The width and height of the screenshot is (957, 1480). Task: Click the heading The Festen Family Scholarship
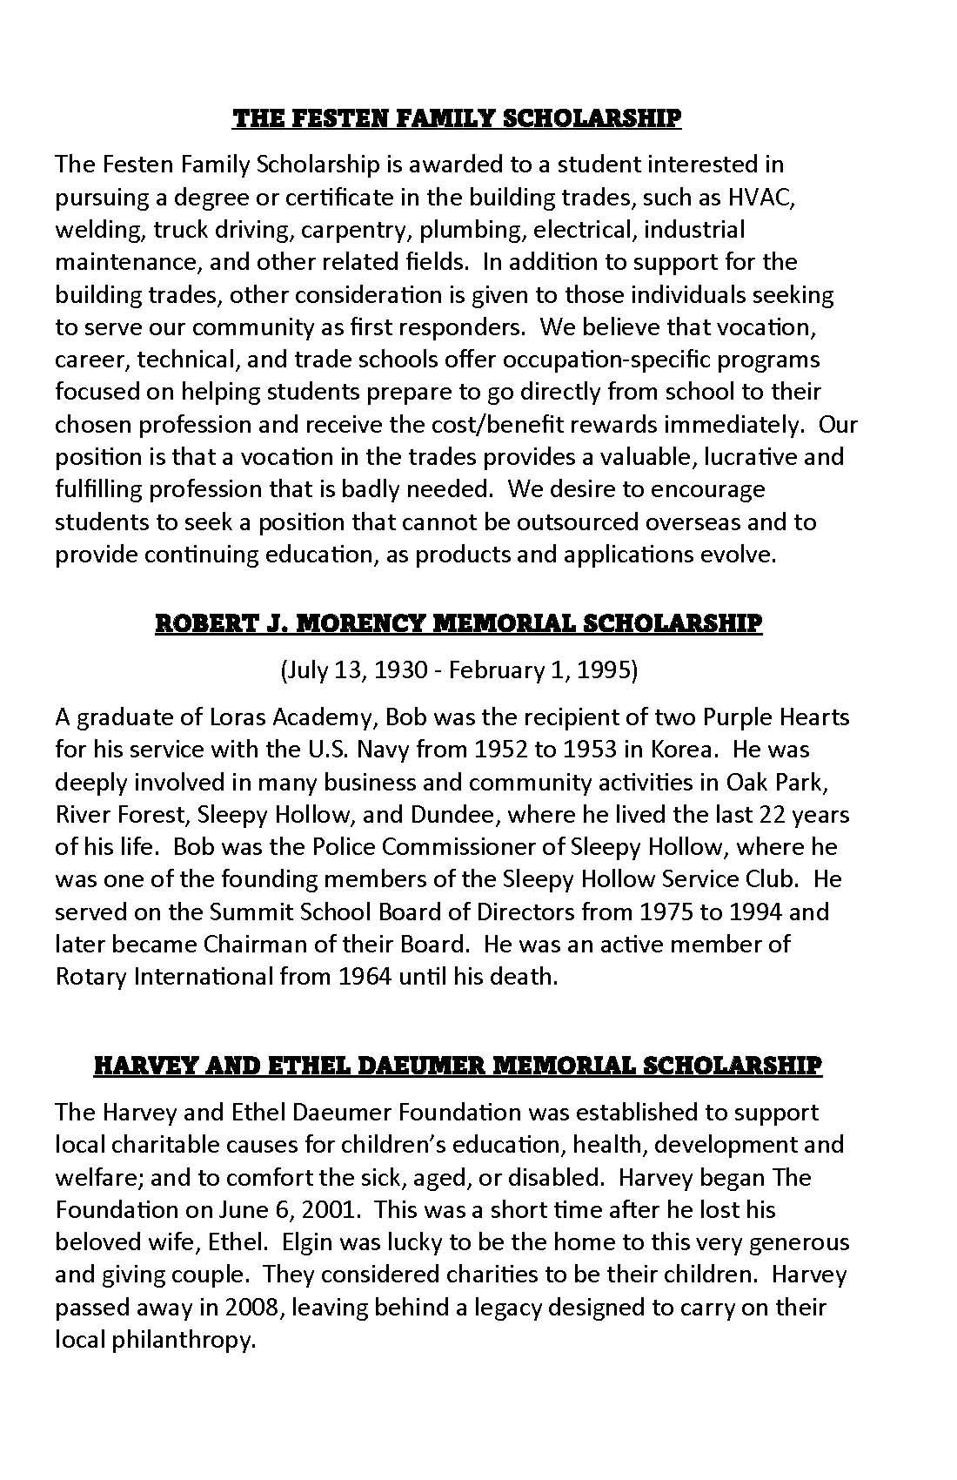coord(457,118)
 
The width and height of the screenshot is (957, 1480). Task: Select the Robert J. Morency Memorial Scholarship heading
coord(458,623)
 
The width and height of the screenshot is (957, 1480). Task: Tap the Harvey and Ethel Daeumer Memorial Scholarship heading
coord(457,1066)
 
